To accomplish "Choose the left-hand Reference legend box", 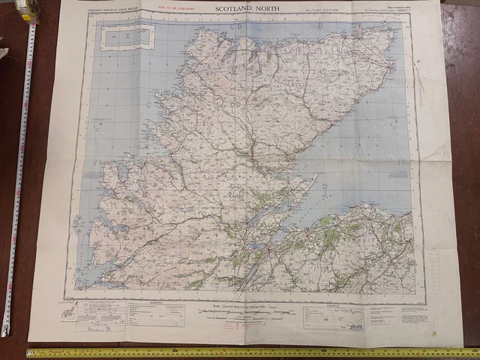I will pos(150,313).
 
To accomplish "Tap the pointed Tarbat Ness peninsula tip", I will pos(317,178).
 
